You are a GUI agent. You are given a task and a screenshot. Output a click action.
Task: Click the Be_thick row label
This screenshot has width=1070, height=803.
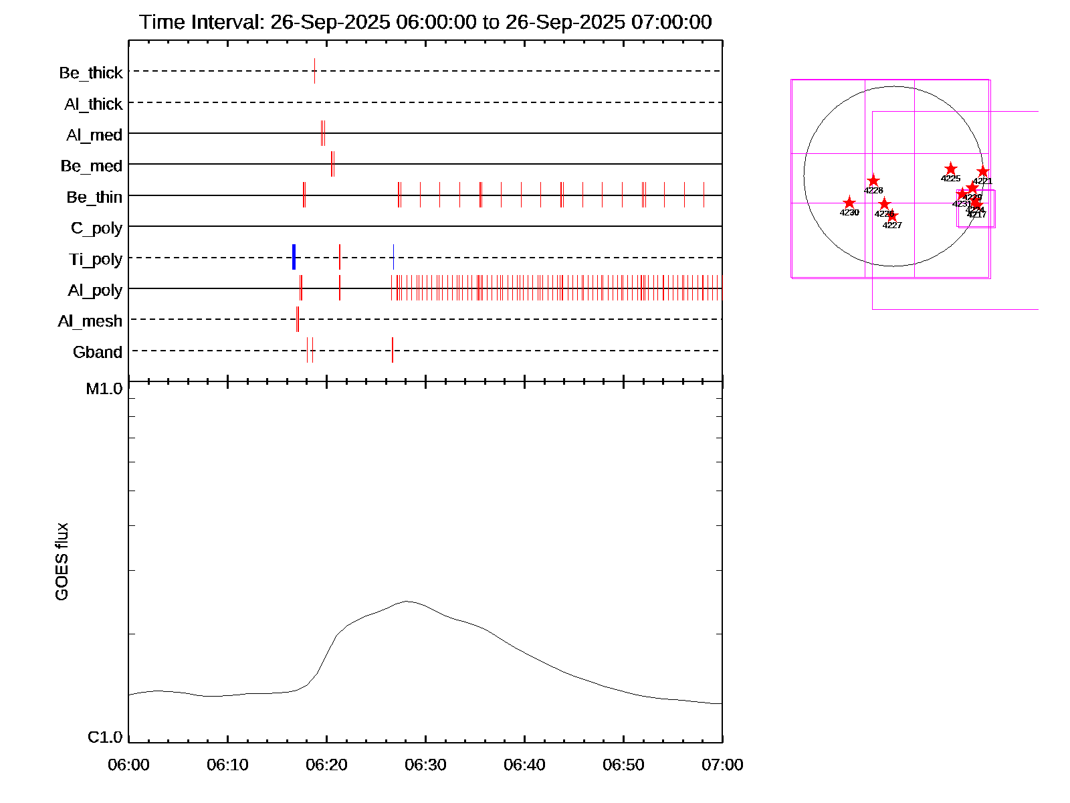click(91, 72)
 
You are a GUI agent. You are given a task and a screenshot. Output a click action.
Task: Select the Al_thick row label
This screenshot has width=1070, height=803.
click(94, 104)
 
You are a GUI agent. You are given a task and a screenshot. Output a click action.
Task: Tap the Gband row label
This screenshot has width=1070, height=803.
click(98, 352)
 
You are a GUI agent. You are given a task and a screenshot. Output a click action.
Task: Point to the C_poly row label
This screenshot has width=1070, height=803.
click(97, 228)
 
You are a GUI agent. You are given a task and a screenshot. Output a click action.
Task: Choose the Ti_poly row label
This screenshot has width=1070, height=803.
click(96, 259)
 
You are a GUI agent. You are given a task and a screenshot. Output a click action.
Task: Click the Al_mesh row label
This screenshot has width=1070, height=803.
click(90, 321)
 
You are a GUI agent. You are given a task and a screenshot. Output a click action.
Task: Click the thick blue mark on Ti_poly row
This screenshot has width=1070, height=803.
click(294, 257)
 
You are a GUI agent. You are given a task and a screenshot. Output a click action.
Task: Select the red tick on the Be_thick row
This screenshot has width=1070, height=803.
click(314, 71)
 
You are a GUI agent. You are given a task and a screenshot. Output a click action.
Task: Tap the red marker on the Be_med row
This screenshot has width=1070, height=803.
click(332, 164)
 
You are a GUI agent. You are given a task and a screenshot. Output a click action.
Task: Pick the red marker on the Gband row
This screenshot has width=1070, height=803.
click(393, 350)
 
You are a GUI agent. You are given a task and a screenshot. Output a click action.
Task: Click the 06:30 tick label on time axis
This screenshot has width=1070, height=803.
click(425, 765)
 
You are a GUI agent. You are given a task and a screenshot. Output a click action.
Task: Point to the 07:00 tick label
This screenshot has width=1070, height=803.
click(722, 765)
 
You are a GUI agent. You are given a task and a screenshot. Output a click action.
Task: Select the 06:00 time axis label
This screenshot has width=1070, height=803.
click(128, 765)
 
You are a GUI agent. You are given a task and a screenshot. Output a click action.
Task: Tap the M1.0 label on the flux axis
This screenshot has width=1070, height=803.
click(104, 389)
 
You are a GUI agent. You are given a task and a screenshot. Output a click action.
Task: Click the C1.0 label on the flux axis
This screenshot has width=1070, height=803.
click(105, 737)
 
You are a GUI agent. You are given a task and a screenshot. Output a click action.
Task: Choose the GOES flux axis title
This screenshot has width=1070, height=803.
click(62, 562)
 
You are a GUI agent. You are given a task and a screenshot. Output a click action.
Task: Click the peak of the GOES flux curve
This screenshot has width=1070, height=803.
click(407, 602)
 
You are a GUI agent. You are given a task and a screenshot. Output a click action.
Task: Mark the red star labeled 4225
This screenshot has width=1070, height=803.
click(950, 169)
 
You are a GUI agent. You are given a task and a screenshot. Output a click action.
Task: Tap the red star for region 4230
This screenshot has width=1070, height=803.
click(849, 203)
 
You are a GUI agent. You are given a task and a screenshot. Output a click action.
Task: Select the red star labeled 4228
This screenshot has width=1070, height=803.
click(873, 181)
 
